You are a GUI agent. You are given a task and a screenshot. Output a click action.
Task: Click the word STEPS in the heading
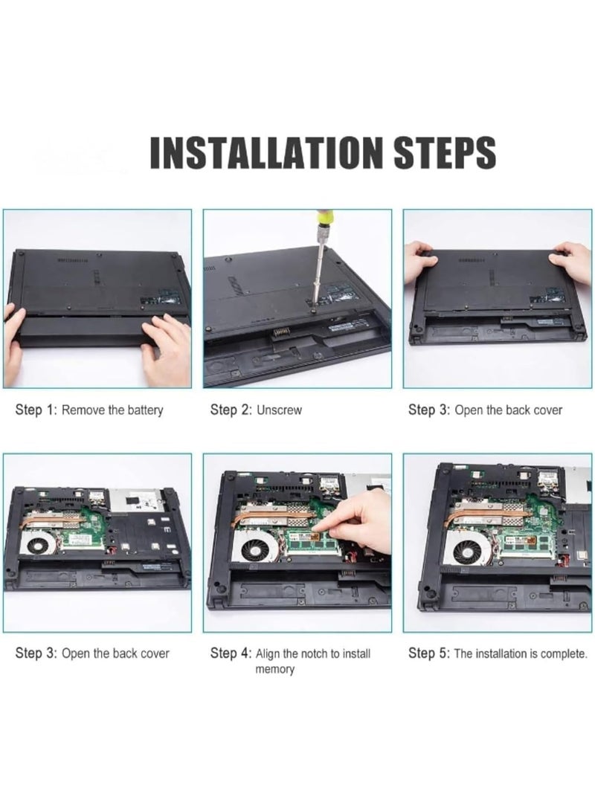point(445,152)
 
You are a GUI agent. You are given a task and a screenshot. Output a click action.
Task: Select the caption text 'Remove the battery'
point(112,410)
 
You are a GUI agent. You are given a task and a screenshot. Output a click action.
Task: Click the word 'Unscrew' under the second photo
point(279,410)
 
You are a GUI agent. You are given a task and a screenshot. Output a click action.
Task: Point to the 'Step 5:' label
point(428,653)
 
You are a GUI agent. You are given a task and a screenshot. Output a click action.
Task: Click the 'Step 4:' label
point(231,653)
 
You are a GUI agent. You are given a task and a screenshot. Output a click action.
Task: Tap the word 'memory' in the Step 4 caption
point(274,669)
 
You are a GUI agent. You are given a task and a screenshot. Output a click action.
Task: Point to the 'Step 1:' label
point(36,410)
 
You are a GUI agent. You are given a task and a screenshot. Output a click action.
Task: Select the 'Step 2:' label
point(231,410)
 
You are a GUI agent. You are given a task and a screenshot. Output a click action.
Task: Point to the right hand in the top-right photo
point(573,261)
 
